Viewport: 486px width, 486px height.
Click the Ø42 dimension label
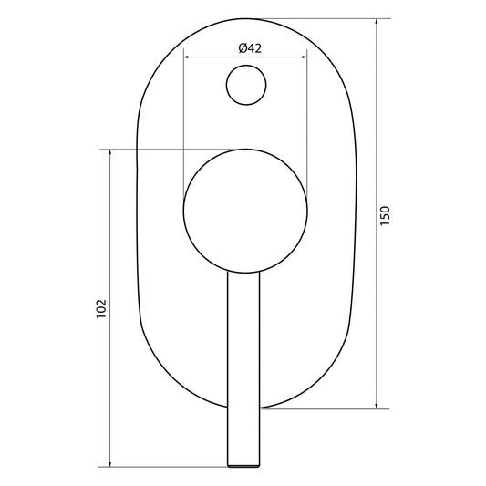(x=250, y=48)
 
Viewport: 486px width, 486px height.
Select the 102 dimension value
(x=101, y=308)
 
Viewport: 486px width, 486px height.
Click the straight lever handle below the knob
(x=243, y=365)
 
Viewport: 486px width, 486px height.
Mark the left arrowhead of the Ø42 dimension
(x=187, y=57)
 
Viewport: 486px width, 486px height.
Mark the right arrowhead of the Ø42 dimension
(x=304, y=57)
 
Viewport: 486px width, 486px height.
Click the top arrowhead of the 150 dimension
(x=377, y=20)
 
